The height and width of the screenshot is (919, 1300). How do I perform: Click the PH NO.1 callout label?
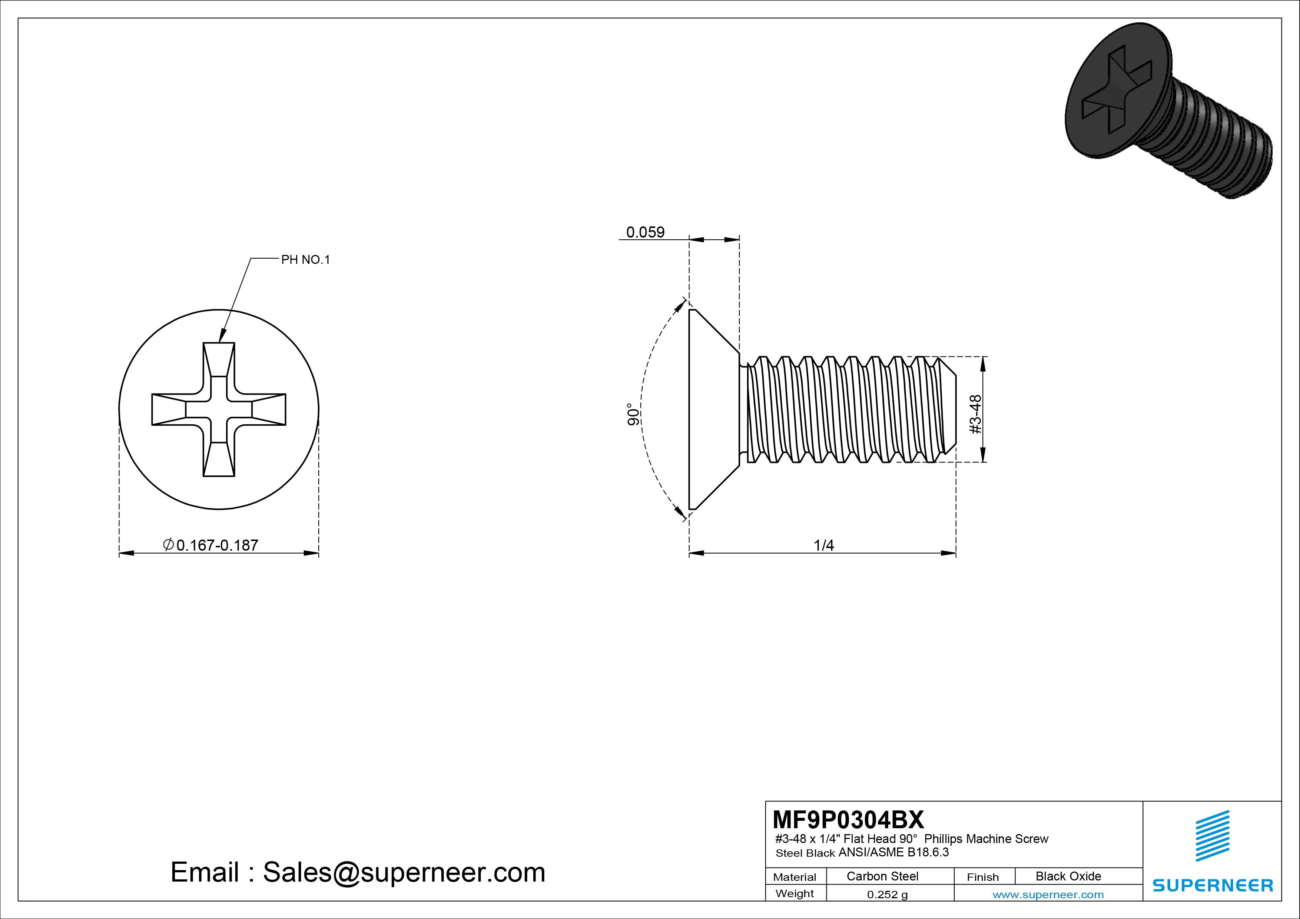click(x=305, y=260)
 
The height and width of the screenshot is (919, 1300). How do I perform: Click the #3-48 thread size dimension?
click(x=976, y=415)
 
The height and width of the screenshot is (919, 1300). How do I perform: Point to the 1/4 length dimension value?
click(x=823, y=545)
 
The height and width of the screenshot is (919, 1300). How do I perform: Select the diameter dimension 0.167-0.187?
click(x=210, y=545)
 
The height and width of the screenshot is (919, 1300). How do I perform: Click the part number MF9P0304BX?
click(x=848, y=819)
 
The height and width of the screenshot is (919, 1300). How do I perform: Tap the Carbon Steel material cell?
click(x=882, y=876)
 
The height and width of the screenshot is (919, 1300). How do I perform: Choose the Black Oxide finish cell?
click(x=1068, y=876)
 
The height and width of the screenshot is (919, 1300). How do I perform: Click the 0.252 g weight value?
click(x=887, y=895)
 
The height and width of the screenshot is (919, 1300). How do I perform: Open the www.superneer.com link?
click(x=1048, y=895)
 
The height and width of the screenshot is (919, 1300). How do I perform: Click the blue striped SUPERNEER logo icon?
click(x=1212, y=835)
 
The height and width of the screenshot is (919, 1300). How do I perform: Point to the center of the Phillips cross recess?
click(x=219, y=409)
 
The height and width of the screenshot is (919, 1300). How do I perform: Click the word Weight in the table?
click(x=795, y=893)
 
